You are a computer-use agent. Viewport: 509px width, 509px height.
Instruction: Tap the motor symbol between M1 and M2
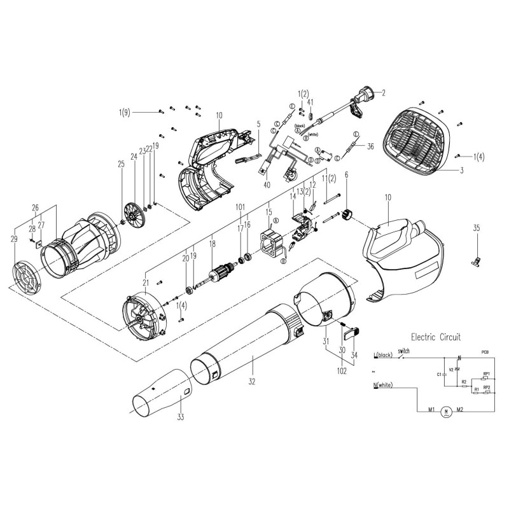445,412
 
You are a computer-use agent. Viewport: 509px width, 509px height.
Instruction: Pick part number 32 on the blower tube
252,382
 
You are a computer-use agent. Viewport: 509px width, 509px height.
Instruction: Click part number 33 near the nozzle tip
180,417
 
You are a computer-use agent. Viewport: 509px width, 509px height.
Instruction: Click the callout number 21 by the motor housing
145,282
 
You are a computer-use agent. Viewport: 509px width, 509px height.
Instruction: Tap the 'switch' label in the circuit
404,351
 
